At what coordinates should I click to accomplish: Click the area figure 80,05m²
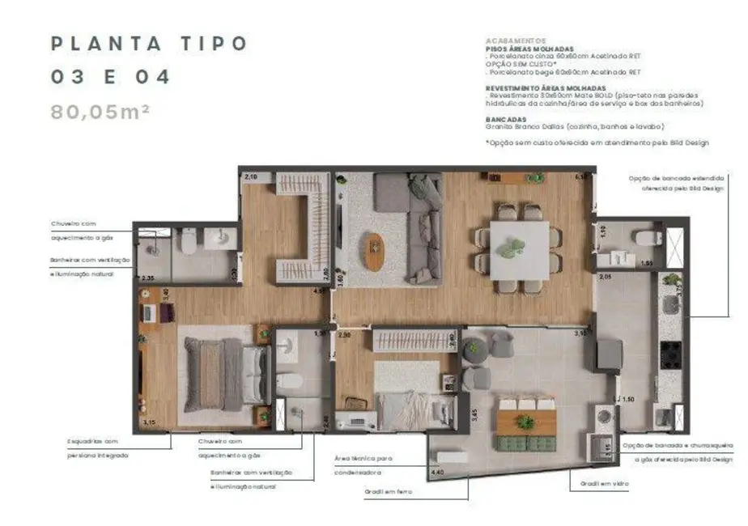pyautogui.click(x=100, y=112)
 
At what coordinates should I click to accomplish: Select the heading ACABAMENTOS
pyautogui.click(x=516, y=40)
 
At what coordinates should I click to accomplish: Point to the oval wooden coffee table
pyautogui.click(x=374, y=251)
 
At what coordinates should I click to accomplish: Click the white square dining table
pyautogui.click(x=518, y=250)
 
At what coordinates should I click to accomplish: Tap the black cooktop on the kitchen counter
pyautogui.click(x=671, y=354)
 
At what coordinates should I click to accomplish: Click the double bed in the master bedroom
pyautogui.click(x=223, y=375)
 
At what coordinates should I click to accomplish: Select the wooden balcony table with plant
pyautogui.click(x=526, y=422)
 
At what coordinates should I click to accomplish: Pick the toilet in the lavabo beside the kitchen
pyautogui.click(x=644, y=239)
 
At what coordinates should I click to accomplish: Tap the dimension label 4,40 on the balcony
pyautogui.click(x=438, y=472)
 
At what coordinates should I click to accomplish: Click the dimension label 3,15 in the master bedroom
pyautogui.click(x=149, y=422)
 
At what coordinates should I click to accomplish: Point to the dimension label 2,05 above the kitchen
pyautogui.click(x=605, y=277)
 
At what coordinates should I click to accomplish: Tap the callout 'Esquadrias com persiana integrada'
pyautogui.click(x=98, y=448)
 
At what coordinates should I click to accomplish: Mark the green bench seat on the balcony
pyautogui.click(x=526, y=443)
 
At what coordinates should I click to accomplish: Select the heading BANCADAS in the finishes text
pyautogui.click(x=506, y=119)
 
